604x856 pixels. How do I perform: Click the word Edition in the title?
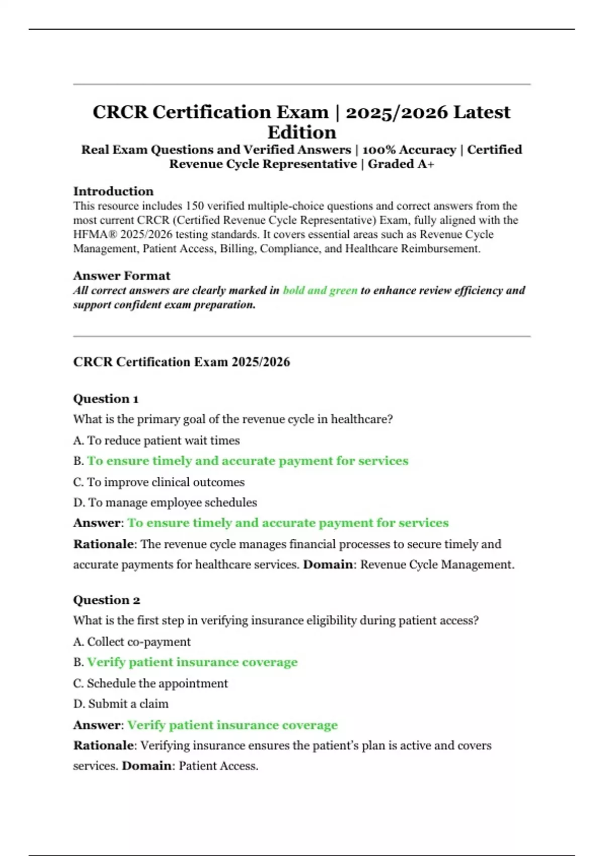[x=301, y=132]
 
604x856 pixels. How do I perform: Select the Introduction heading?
[x=113, y=191]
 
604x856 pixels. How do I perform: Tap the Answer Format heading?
[x=121, y=276]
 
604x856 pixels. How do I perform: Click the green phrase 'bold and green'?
[x=320, y=291]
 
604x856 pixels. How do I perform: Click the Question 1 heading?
[x=106, y=399]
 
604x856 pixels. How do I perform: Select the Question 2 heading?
[x=106, y=600]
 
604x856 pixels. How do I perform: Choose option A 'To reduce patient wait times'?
[x=157, y=441]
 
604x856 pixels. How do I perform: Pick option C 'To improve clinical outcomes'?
[x=159, y=482]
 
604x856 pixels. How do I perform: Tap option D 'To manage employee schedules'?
[x=165, y=503]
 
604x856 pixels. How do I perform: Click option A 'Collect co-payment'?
[x=132, y=642]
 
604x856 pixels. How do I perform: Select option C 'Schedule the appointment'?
[x=150, y=684]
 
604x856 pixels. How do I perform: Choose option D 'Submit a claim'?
[x=121, y=704]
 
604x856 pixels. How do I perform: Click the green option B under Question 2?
[x=192, y=662]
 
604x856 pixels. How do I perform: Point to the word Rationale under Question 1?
[x=103, y=544]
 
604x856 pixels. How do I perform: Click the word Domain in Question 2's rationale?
[x=146, y=766]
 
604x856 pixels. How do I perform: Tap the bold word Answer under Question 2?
[x=97, y=725]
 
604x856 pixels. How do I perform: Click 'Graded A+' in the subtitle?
[x=401, y=164]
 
